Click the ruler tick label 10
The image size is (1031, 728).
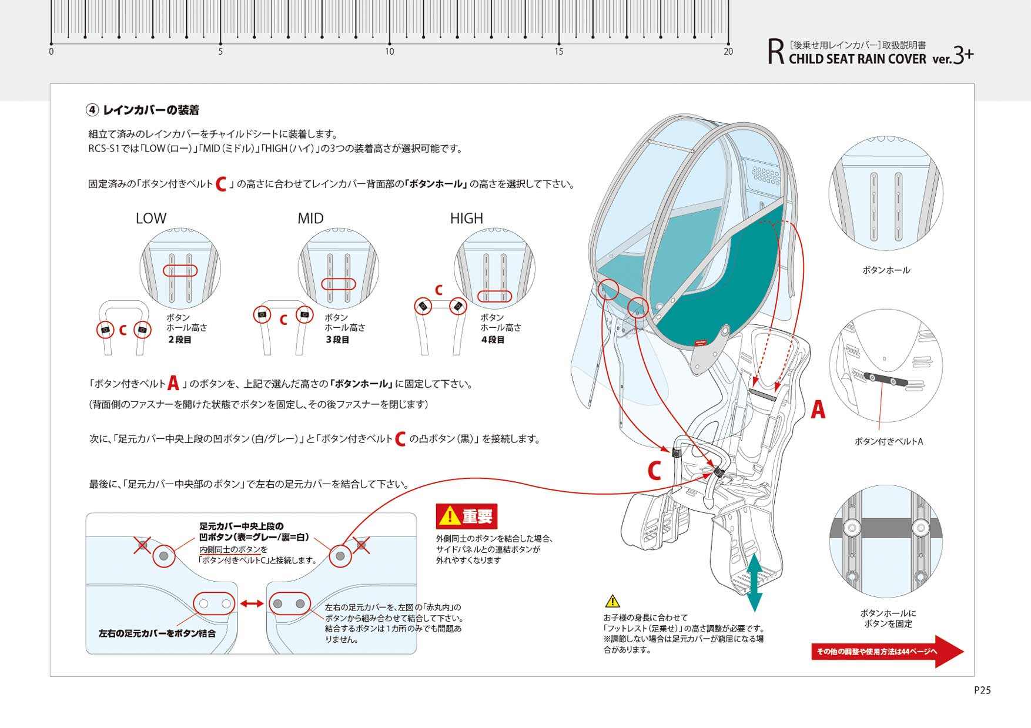389,52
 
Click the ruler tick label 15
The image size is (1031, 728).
558,52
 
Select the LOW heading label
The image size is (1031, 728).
151,219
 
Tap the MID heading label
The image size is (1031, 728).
310,219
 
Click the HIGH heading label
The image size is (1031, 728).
467,219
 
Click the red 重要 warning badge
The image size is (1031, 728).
467,516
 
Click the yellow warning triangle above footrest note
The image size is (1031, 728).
612,601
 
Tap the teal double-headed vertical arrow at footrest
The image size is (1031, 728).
754,582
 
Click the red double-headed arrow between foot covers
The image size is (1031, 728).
251,603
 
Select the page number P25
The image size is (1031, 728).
982,690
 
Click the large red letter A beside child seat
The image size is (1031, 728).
818,410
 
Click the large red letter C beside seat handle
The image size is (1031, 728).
654,471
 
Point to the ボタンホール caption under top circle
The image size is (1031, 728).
886,270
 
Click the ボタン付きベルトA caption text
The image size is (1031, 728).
888,441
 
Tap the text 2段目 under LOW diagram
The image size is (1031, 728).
179,340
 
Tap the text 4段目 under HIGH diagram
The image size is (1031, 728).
493,340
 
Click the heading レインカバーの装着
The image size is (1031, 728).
150,110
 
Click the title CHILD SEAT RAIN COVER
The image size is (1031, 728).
857,59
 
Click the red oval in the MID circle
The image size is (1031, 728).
339,284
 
